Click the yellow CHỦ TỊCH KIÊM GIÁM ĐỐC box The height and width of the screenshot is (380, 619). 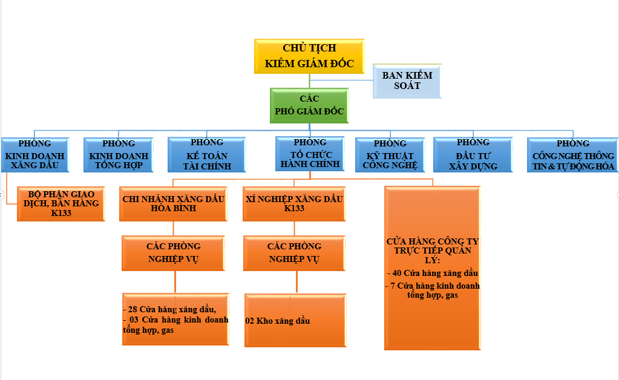point(309,56)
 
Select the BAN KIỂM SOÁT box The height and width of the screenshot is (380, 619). point(407,81)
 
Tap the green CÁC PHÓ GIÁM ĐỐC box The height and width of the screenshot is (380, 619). point(309,105)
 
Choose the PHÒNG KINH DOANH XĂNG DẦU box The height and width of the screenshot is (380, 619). point(34,155)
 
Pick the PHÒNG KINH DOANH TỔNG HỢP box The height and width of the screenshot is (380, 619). point(119,155)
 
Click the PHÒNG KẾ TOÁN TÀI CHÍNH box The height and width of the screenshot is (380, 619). point(207,154)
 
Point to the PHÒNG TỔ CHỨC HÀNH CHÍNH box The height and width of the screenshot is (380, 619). point(310,154)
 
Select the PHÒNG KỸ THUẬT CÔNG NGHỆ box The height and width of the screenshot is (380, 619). point(390,155)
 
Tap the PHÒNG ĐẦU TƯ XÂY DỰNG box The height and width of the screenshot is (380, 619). point(473,154)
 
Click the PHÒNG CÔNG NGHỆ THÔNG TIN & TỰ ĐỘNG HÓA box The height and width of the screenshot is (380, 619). point(573,155)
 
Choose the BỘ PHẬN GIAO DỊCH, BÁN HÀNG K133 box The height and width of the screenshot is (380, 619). point(61,203)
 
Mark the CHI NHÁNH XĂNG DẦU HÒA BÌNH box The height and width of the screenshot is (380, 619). point(173,203)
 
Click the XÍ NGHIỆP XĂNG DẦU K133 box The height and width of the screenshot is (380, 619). point(294,203)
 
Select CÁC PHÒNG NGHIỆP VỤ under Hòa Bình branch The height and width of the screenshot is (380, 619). point(173,253)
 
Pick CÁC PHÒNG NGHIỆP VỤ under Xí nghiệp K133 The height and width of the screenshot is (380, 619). point(294,253)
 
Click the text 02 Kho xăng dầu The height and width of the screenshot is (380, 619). point(278,321)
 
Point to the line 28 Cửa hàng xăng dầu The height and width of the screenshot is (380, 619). point(170,309)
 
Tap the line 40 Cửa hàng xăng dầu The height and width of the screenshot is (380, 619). point(433,273)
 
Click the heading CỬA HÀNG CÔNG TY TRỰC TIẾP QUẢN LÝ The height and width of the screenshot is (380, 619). point(432,251)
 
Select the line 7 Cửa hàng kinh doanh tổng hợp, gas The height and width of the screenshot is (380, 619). point(433,290)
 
